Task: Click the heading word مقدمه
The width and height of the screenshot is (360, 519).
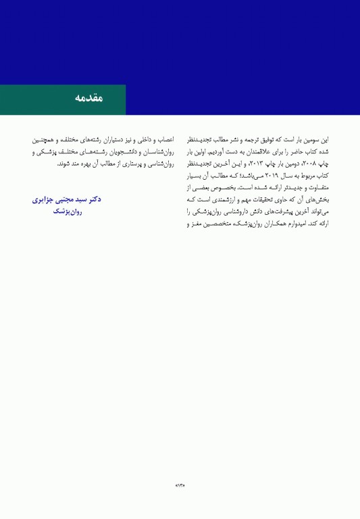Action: (x=89, y=99)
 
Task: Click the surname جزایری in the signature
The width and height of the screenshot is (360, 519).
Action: (x=44, y=199)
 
